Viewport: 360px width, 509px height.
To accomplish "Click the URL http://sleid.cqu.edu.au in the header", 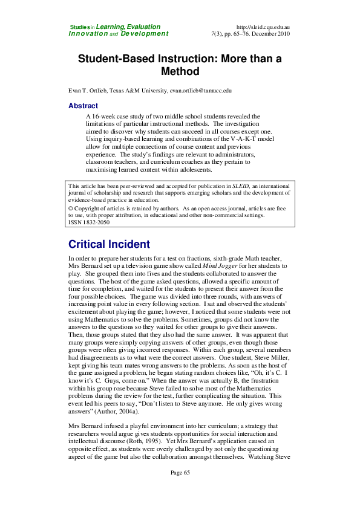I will point(263,27).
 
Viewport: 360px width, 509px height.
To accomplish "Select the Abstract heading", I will point(83,106).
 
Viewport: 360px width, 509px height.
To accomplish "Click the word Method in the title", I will point(180,72).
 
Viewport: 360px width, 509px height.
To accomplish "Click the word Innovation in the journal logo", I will point(89,34).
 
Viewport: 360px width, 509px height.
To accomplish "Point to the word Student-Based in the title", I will point(117,59).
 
